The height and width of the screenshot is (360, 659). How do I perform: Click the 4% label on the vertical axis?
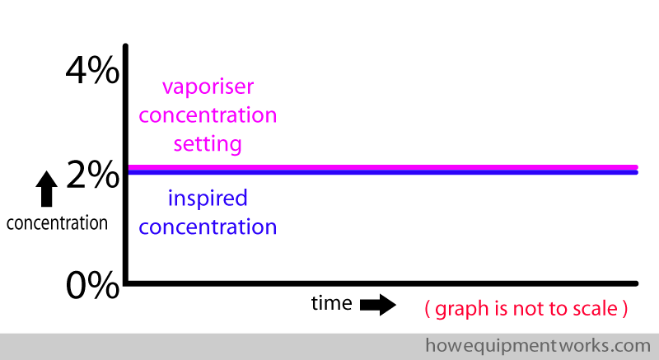(92, 70)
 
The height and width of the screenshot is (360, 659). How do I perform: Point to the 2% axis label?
(93, 175)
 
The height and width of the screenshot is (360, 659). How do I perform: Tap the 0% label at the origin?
(92, 284)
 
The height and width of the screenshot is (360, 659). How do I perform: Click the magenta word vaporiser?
(208, 87)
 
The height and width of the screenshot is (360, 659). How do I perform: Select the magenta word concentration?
(208, 115)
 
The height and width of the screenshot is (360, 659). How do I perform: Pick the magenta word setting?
(208, 144)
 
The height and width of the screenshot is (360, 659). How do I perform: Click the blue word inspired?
(208, 199)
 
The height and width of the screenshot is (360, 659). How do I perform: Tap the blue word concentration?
(208, 227)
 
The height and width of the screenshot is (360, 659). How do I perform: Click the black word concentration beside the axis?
(57, 223)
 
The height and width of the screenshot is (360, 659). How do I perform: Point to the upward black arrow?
(47, 189)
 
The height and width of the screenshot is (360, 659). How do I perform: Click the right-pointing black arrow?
(378, 305)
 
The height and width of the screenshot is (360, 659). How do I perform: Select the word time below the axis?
(332, 303)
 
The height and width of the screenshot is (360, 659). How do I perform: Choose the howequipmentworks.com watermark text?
(538, 346)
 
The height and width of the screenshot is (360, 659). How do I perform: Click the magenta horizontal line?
(383, 167)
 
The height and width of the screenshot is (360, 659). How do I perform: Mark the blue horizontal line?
(383, 172)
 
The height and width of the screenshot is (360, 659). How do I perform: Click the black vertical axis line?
(125, 164)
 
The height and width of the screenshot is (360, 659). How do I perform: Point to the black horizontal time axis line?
(381, 283)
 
